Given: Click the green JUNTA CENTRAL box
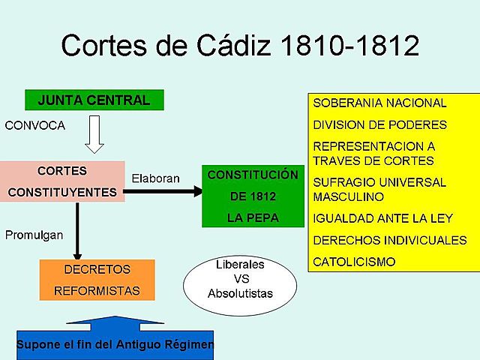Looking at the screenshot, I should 94,100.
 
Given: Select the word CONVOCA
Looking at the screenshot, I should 35,125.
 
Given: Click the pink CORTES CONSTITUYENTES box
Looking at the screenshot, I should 62,181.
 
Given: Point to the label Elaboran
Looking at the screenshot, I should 156,179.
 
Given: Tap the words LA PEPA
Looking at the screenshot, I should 253,218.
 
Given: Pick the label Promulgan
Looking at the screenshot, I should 34,235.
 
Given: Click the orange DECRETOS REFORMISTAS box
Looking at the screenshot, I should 97,280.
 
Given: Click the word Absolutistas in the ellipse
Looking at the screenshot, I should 241,292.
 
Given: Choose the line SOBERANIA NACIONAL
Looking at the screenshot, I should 379,103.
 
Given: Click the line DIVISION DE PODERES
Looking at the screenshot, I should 379,124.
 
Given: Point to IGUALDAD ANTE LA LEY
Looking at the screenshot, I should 382,218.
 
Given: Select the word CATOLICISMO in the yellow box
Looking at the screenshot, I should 354,262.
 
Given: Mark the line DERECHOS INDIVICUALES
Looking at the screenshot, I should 389,240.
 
